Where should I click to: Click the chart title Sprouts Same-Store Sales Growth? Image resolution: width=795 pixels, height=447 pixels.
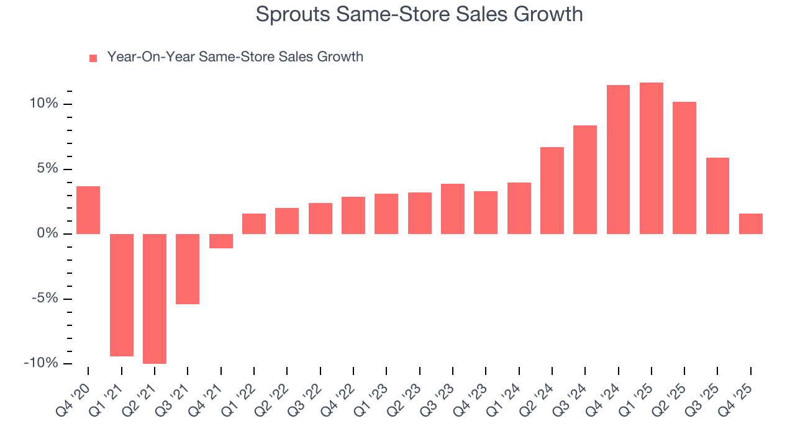[x=419, y=14]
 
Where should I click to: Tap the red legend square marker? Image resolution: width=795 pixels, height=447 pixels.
[x=93, y=58]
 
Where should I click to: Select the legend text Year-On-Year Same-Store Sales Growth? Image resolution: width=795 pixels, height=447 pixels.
[x=235, y=57]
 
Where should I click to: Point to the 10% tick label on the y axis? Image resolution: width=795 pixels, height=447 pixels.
[x=43, y=104]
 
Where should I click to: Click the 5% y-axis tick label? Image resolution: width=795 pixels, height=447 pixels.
[x=47, y=169]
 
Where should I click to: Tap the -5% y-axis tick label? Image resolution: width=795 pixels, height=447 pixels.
[x=45, y=299]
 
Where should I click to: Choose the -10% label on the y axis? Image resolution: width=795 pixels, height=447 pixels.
[x=41, y=363]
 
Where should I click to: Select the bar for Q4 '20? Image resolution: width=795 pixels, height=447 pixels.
[x=88, y=210]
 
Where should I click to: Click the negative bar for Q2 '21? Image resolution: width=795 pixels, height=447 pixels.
[x=155, y=299]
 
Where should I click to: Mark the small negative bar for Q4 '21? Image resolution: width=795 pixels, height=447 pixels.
[x=220, y=241]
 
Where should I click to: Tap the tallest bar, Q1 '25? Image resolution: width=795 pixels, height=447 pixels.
[x=652, y=158]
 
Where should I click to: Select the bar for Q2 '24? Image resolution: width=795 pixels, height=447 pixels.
[x=552, y=191]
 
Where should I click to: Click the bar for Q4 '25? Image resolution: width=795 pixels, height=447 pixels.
[x=751, y=223]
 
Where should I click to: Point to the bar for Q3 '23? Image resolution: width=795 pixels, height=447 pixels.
[x=453, y=209]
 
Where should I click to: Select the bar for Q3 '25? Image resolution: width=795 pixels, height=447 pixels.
[x=717, y=196]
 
